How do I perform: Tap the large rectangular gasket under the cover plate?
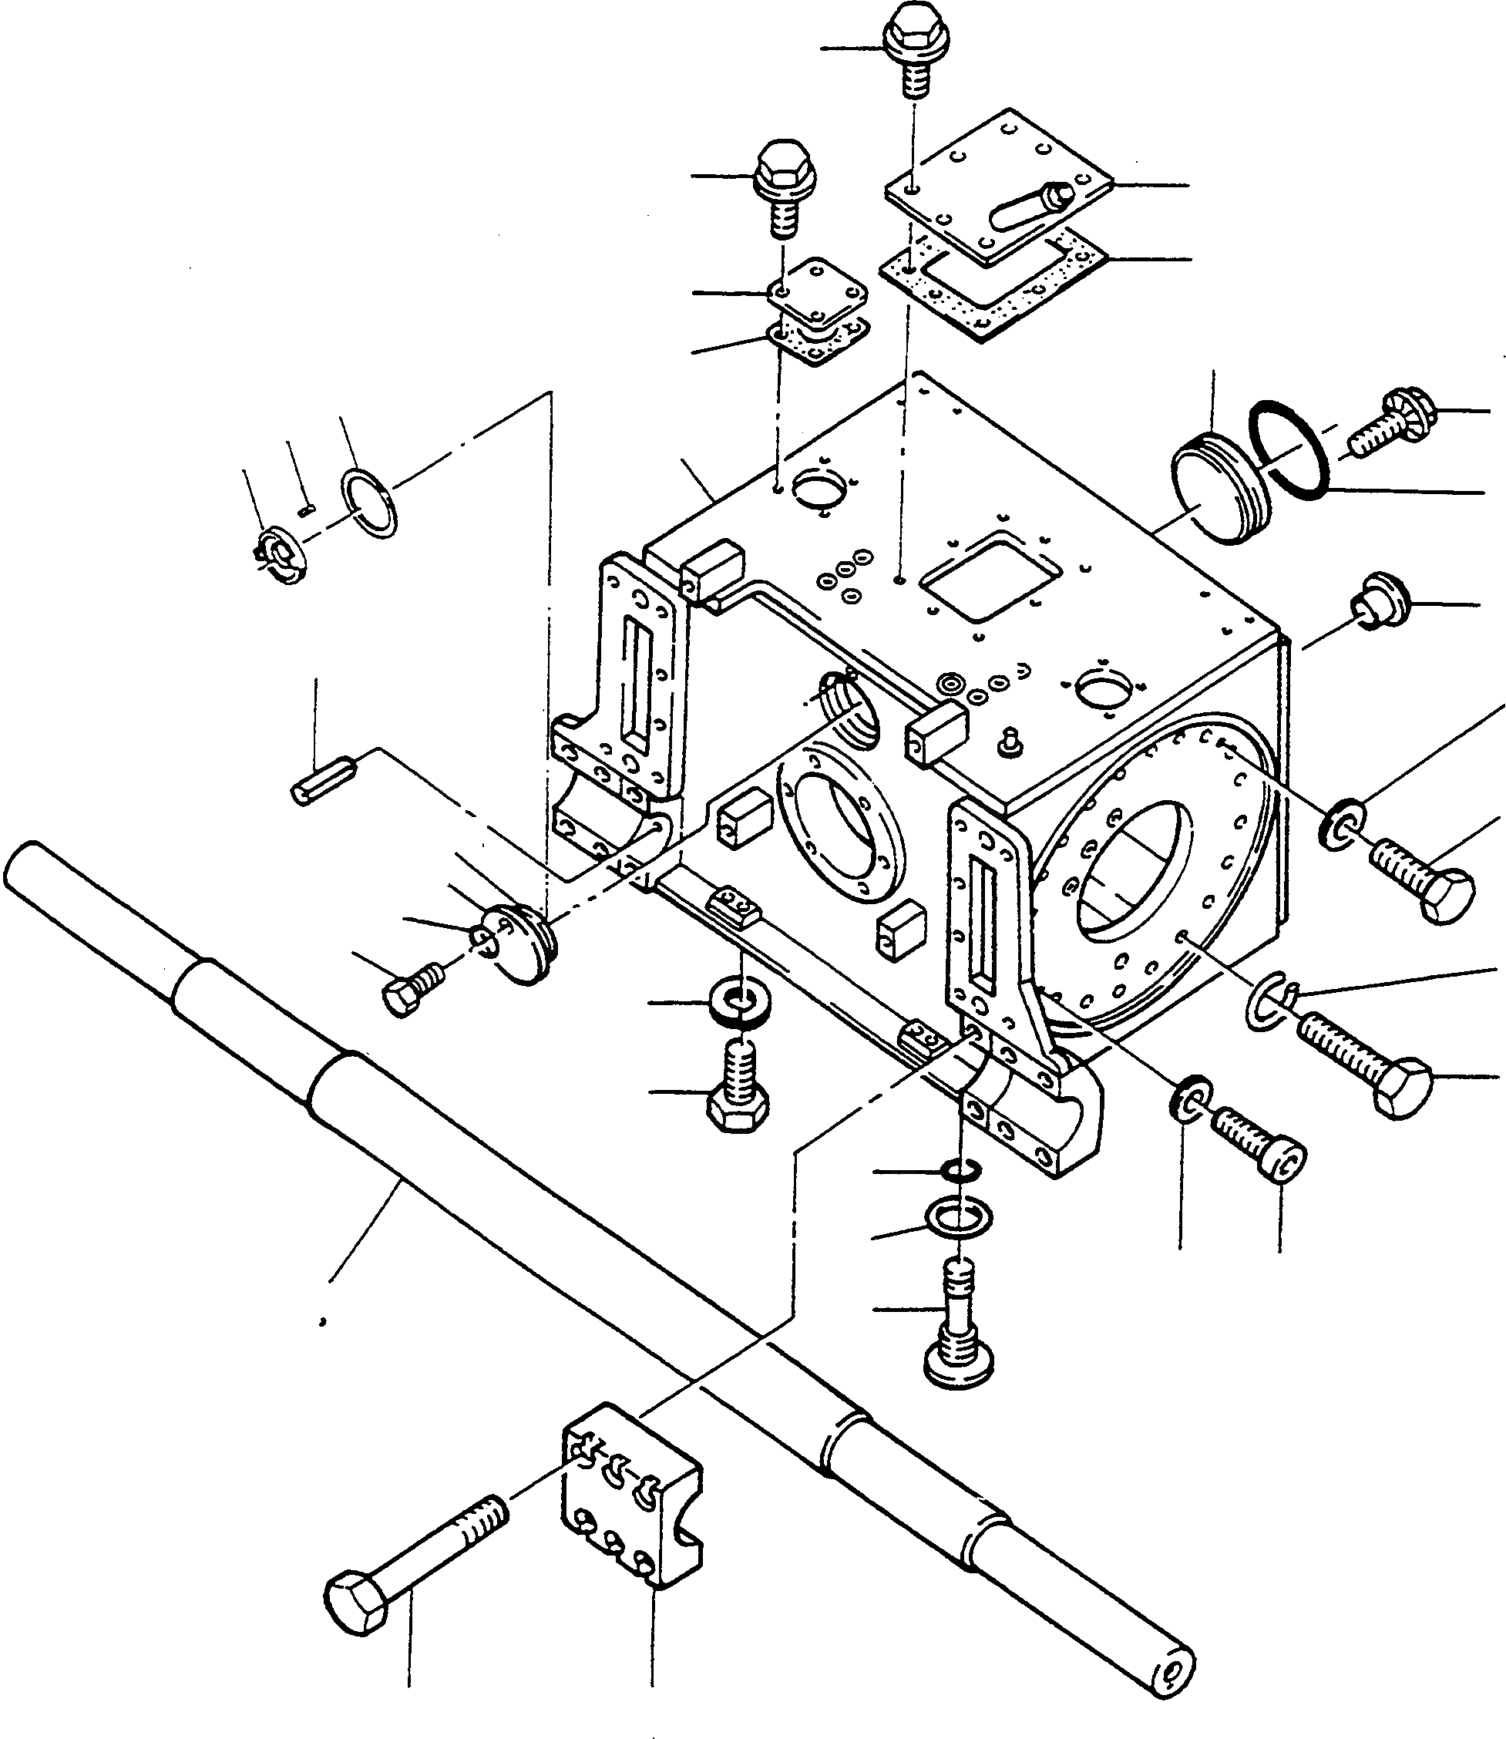[994, 288]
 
